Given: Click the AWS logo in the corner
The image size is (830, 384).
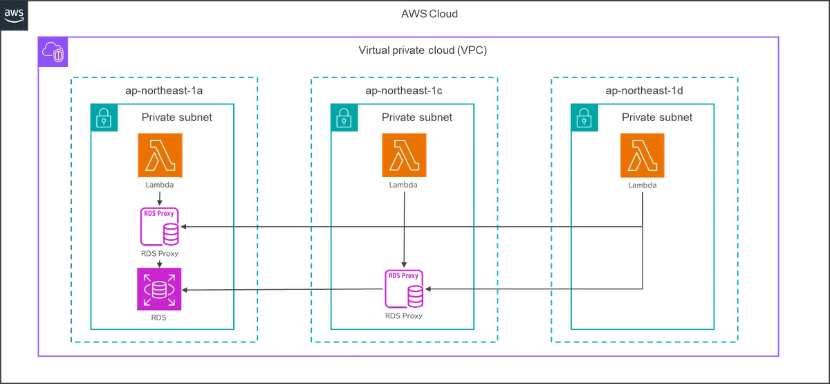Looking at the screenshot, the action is click(x=14, y=15).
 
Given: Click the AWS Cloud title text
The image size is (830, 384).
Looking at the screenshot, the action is click(x=430, y=14).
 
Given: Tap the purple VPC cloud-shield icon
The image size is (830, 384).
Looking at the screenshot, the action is click(x=53, y=52).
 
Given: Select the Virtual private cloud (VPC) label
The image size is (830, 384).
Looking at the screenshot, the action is click(x=423, y=50).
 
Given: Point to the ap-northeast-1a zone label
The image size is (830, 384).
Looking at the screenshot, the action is click(x=164, y=91).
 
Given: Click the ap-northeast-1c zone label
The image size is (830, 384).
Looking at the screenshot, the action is click(x=404, y=91).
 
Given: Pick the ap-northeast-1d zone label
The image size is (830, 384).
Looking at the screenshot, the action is click(x=644, y=91).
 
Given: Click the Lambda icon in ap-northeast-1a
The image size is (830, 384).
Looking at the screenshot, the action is click(x=160, y=155).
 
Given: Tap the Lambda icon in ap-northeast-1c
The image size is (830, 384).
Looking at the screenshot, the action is click(x=404, y=155).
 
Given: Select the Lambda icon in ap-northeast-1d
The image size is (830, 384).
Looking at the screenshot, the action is click(x=643, y=155).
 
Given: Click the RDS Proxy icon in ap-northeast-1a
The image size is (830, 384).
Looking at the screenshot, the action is click(x=160, y=226).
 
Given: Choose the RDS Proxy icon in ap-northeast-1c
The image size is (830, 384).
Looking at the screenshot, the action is click(x=404, y=289).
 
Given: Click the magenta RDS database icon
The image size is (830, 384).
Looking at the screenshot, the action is click(x=159, y=289).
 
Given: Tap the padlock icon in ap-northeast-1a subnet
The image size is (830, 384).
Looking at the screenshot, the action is click(x=104, y=118).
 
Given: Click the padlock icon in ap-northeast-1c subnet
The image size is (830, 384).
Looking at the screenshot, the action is click(x=344, y=118).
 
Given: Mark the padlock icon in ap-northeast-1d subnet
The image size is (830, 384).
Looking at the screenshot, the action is click(x=584, y=118).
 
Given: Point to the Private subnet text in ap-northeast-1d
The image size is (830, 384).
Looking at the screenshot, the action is click(x=657, y=118).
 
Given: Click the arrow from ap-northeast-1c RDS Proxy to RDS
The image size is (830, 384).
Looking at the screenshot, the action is click(x=283, y=289).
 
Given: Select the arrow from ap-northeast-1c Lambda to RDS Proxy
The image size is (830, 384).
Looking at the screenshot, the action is click(x=404, y=230).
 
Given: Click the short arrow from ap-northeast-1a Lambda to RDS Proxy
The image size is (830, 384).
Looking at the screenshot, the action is click(x=160, y=199).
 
